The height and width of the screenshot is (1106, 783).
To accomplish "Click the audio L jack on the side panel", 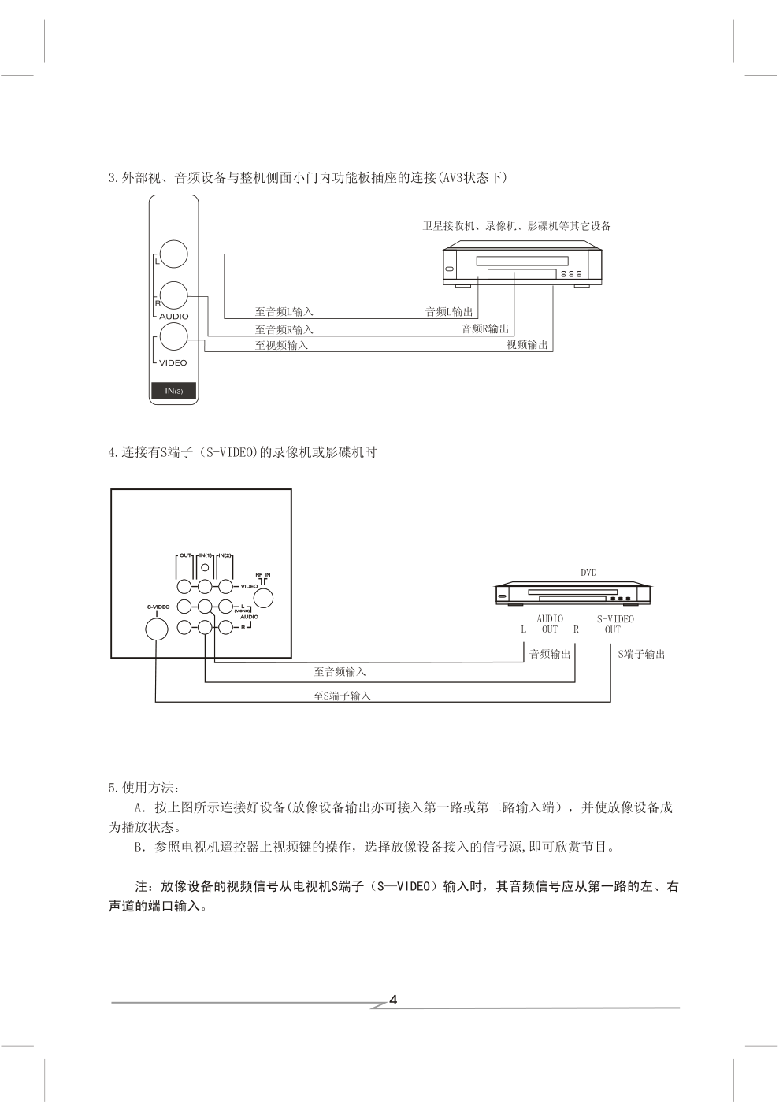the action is (x=174, y=254).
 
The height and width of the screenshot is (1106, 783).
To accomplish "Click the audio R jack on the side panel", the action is (x=174, y=295).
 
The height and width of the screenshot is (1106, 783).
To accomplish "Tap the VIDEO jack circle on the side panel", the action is (x=174, y=336).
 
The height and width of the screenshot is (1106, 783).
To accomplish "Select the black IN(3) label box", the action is (x=174, y=391).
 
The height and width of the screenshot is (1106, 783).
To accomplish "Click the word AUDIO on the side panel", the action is (x=174, y=317).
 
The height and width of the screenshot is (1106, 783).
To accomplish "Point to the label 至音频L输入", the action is (x=284, y=312).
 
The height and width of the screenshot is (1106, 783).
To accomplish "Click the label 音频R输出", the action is (x=484, y=328).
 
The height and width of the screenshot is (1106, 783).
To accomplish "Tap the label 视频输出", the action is (x=527, y=344).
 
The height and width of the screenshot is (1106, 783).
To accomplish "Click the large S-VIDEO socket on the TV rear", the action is (x=157, y=629).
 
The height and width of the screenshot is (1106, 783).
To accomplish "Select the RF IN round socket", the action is (x=262, y=598).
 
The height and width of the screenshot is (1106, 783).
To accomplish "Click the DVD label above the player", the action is (x=588, y=572).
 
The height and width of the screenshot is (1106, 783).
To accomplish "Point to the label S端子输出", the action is (x=641, y=654).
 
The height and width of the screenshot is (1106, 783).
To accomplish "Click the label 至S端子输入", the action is (x=342, y=696).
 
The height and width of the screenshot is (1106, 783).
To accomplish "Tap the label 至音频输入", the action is (x=340, y=671).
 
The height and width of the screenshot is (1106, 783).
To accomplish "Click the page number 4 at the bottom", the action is (x=393, y=1000).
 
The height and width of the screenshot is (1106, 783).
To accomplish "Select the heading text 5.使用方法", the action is (x=144, y=788).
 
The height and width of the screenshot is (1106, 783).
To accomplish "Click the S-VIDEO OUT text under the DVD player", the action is (x=615, y=624).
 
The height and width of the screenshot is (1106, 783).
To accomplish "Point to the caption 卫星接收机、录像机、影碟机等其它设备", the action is (x=517, y=226).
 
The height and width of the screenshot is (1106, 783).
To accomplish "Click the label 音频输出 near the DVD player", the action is (x=550, y=654).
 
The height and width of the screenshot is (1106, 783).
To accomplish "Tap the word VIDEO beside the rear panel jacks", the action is (x=250, y=587).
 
